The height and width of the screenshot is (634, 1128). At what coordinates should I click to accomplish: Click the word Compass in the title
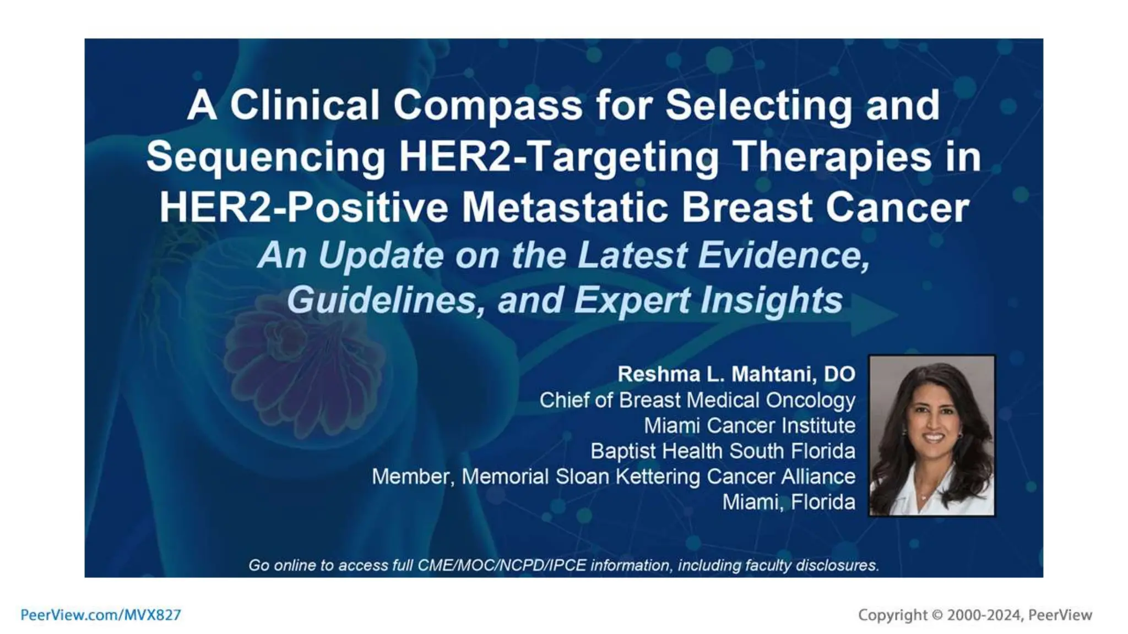pyautogui.click(x=487, y=105)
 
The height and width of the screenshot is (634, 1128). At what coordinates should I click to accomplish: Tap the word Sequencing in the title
pyautogui.click(x=265, y=157)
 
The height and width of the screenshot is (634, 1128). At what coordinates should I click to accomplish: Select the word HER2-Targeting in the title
pyautogui.click(x=558, y=157)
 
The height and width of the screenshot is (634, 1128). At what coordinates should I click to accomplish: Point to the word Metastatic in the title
pyautogui.click(x=565, y=208)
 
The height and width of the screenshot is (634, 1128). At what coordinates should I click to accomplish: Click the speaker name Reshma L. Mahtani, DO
pyautogui.click(x=736, y=374)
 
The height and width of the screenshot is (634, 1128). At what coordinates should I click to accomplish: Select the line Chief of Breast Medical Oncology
pyautogui.click(x=697, y=400)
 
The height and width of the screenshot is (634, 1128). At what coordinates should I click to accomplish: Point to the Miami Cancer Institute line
pyautogui.click(x=749, y=425)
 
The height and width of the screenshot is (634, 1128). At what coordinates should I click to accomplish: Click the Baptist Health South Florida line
pyautogui.click(x=723, y=451)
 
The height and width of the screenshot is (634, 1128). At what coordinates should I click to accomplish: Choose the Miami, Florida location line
pyautogui.click(x=788, y=502)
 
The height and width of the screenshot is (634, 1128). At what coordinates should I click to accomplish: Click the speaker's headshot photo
pyautogui.click(x=931, y=435)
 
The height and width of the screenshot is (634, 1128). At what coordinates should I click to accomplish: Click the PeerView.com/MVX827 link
pyautogui.click(x=101, y=615)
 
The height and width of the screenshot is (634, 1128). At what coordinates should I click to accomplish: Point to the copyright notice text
pyautogui.click(x=974, y=615)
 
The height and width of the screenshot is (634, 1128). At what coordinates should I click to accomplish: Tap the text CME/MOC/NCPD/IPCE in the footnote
pyautogui.click(x=502, y=565)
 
